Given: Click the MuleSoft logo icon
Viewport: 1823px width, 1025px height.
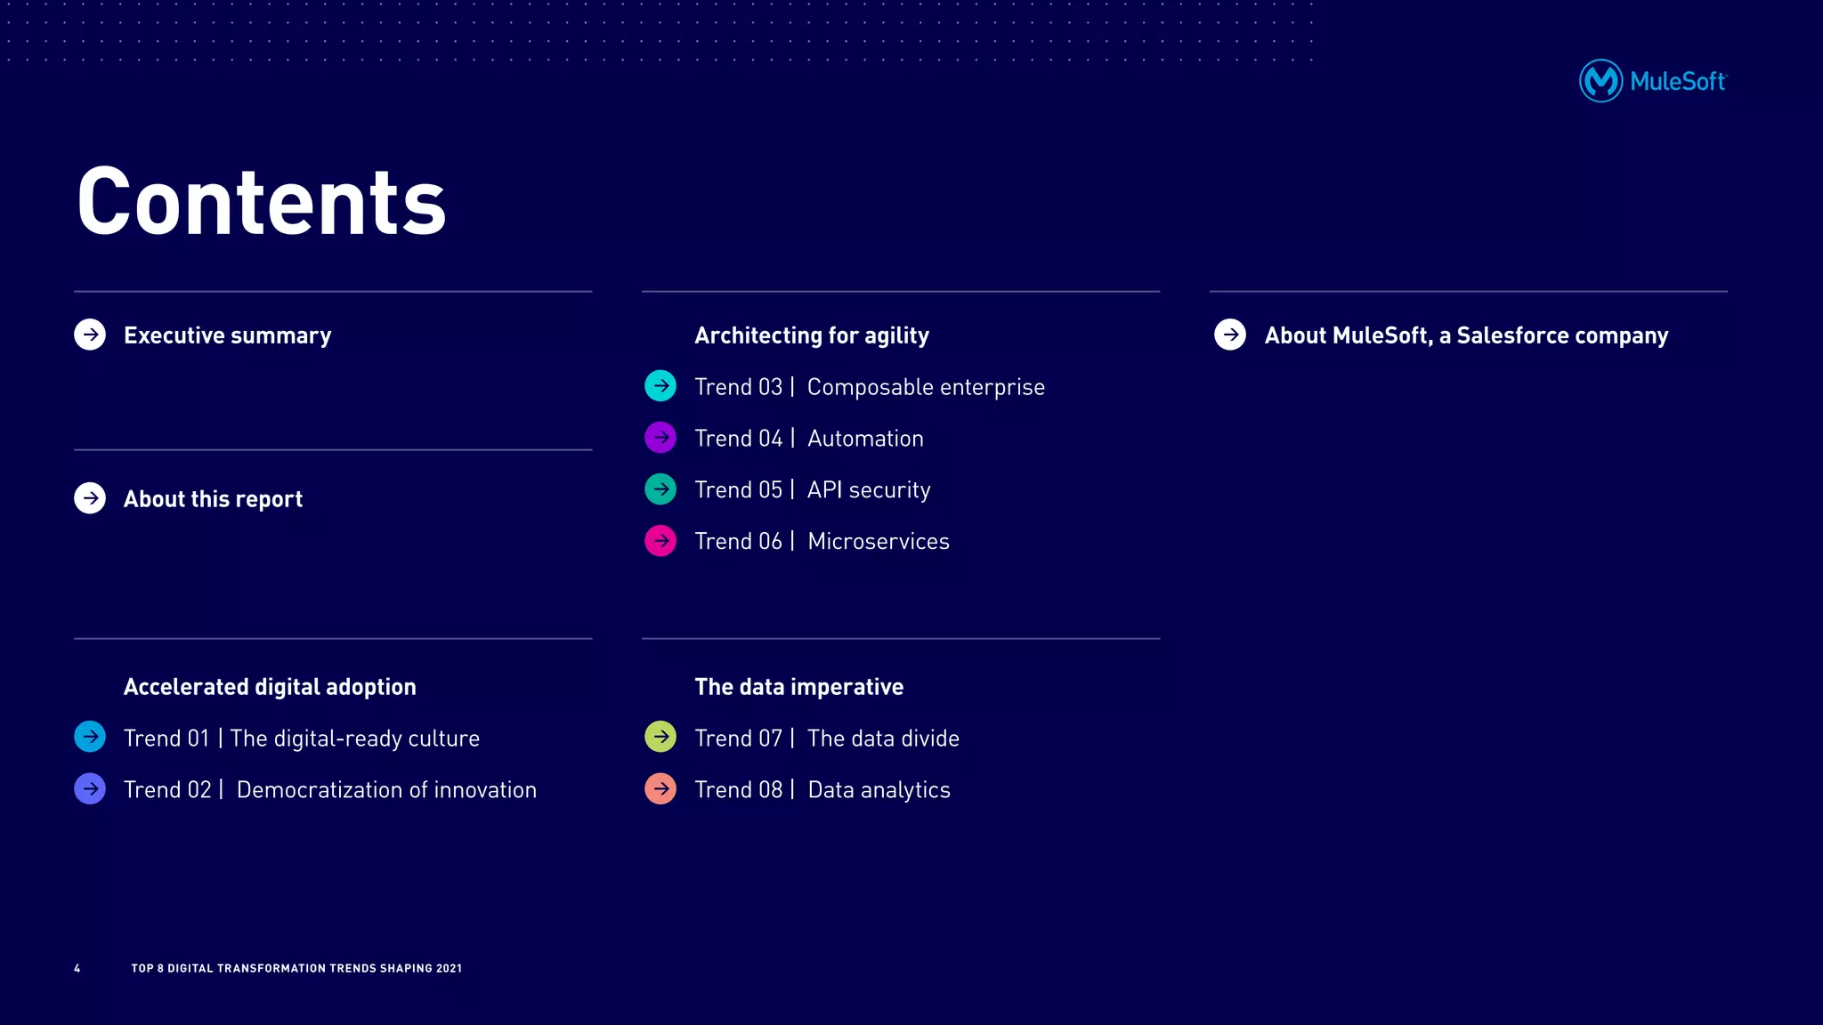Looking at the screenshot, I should [1600, 81].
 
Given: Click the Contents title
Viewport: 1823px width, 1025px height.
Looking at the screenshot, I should [261, 203].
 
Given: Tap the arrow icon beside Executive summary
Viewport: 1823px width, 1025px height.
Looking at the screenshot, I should [90, 335].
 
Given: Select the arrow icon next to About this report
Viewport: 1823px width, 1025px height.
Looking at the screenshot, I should [90, 498].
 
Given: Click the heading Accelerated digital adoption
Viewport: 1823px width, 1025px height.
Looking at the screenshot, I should [270, 687].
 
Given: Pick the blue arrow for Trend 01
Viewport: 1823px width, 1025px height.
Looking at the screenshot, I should [90, 737].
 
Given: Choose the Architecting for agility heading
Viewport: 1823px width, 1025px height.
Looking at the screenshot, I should [811, 335].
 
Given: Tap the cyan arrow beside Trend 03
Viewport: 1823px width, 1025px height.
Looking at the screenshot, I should [660, 386].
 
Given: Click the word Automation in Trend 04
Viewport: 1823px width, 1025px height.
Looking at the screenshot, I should [865, 439].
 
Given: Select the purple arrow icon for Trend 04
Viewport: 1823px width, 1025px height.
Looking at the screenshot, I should [660, 438].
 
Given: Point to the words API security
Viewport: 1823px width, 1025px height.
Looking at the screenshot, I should [869, 490].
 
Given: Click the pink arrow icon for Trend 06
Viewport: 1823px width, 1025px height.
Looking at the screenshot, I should [660, 541].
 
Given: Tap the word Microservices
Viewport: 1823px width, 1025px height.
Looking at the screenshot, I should [879, 542].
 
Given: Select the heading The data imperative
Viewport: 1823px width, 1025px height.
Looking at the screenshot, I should [798, 687].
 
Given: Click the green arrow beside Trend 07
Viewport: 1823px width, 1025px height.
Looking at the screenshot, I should [660, 737].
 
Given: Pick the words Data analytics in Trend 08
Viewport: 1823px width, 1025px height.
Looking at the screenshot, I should [879, 790].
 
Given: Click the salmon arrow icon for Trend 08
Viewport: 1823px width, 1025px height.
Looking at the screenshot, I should [660, 788].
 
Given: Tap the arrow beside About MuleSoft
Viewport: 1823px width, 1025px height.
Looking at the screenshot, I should [1230, 335].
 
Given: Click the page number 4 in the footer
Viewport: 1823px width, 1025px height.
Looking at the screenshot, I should [77, 968].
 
